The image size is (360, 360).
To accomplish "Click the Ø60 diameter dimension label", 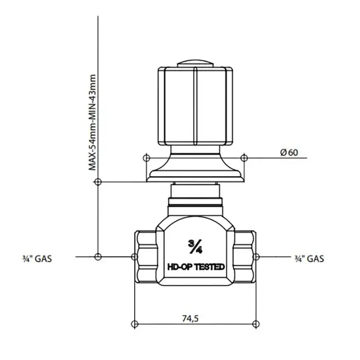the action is (289, 152).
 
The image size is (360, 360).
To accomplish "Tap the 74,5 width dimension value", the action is (190, 318).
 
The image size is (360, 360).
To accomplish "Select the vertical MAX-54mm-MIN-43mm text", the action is (92, 122).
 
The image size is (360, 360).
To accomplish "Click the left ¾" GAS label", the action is (37, 259).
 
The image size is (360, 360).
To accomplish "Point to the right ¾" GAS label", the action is (309, 259).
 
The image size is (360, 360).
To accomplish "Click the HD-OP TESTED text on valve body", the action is (196, 267).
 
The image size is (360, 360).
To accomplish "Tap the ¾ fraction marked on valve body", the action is (195, 246).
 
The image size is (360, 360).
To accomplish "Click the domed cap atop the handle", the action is (195, 64).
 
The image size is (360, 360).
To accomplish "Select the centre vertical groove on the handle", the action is (195, 106).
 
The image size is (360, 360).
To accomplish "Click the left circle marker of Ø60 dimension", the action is (147, 158).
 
